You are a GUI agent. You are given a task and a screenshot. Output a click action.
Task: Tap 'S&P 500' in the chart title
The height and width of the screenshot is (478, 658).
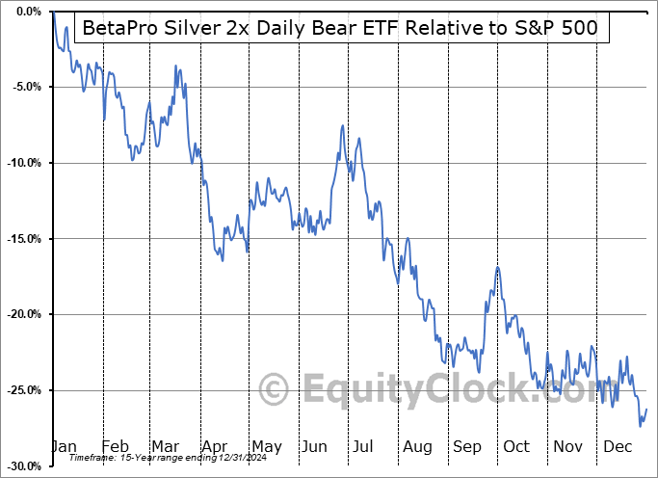[x=556, y=28]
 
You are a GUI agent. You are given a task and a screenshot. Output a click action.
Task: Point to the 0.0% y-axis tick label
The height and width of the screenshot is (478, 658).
[x=24, y=12]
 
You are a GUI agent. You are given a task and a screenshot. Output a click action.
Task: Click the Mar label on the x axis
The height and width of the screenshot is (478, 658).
[x=166, y=446]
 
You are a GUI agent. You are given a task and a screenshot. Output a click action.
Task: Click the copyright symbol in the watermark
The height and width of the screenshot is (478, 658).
[x=275, y=389]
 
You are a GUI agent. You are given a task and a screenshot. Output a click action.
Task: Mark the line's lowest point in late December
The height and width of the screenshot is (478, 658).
[x=640, y=425]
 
